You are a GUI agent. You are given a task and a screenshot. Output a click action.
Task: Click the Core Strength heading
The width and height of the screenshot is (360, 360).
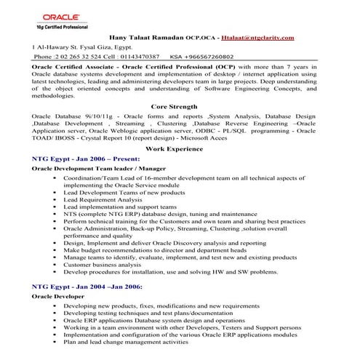(x=179, y=105)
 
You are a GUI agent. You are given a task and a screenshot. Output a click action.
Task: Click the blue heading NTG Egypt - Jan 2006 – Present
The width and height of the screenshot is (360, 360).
(x=85, y=157)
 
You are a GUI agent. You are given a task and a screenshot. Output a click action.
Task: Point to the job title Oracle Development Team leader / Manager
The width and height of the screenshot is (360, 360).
(x=100, y=167)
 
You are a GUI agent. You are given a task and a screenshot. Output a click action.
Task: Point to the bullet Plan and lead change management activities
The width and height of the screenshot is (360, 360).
(x=130, y=341)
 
